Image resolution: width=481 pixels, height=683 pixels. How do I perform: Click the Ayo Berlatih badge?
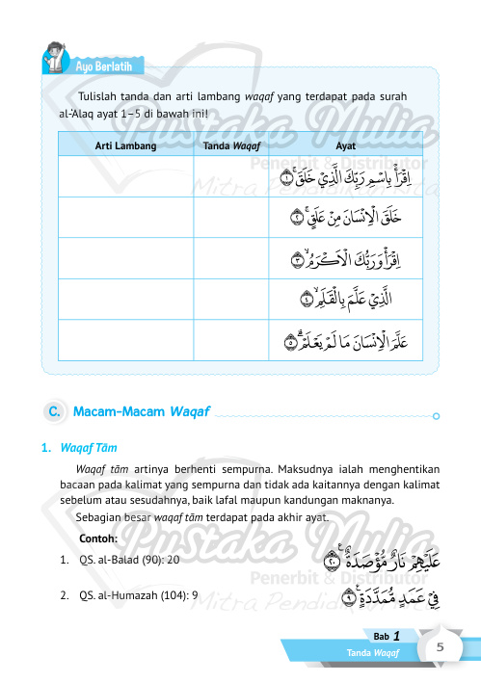pyautogui.click(x=109, y=66)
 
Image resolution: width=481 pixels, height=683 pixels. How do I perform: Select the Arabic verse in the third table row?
pyautogui.click(x=356, y=260)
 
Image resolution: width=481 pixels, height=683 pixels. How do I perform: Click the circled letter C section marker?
pyautogui.click(x=56, y=412)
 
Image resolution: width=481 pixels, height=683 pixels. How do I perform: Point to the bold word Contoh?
pyautogui.click(x=99, y=538)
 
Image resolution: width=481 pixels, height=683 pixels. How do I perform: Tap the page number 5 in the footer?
pyautogui.click(x=439, y=647)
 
